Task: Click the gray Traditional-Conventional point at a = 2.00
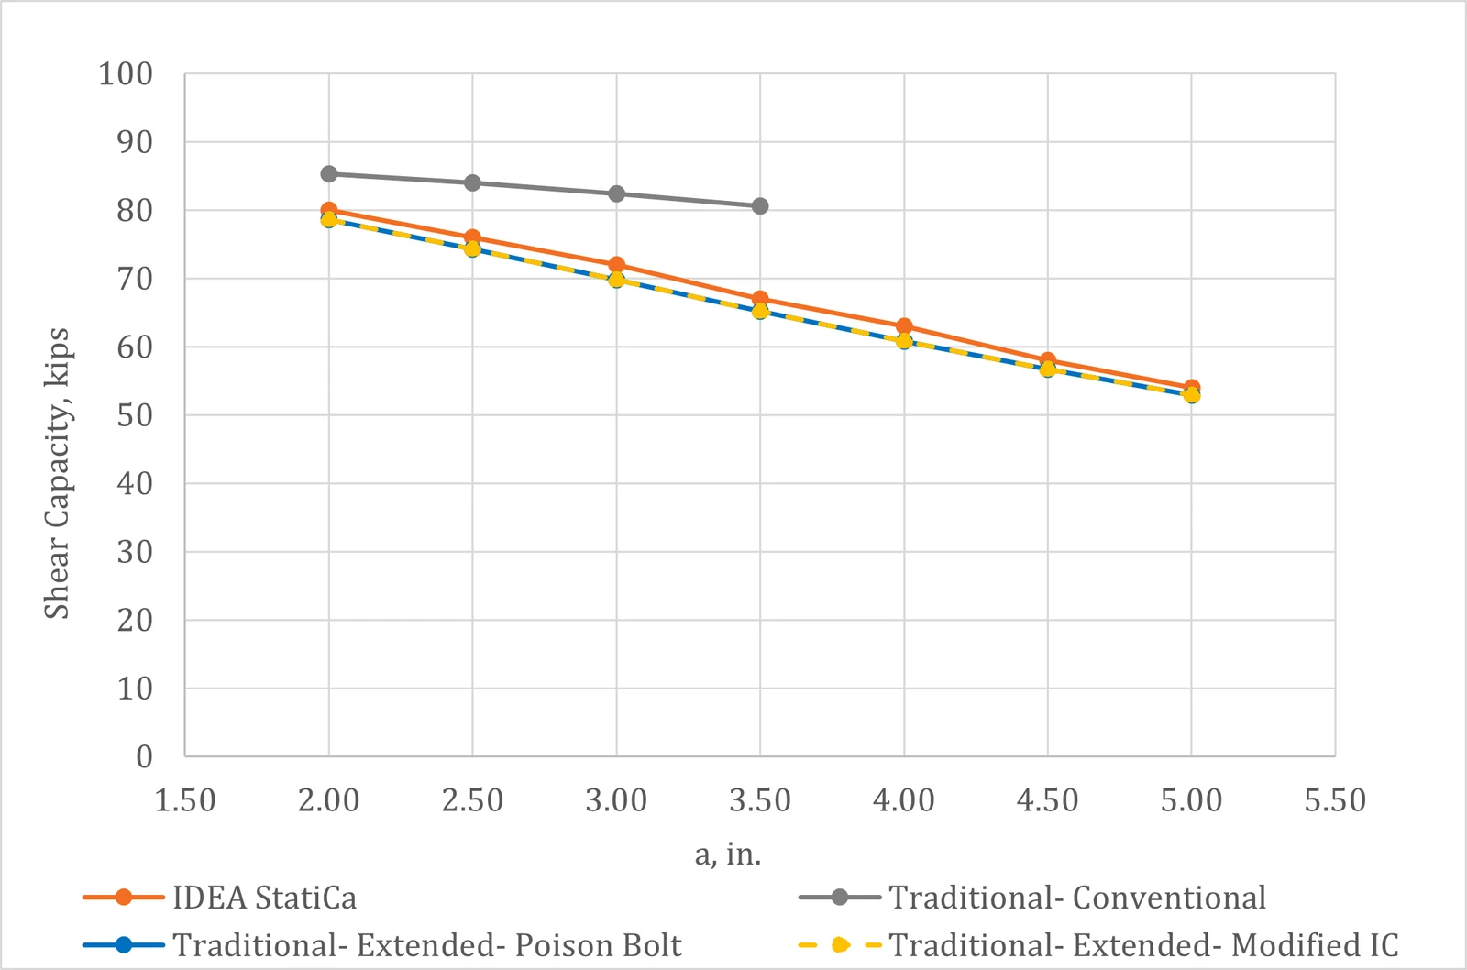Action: pyautogui.click(x=329, y=174)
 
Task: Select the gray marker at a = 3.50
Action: pyautogui.click(x=760, y=206)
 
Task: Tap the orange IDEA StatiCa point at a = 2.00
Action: pyautogui.click(x=329, y=210)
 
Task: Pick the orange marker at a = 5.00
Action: pyautogui.click(x=1192, y=388)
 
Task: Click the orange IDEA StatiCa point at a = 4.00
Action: pyautogui.click(x=904, y=326)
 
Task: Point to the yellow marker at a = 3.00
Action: pyautogui.click(x=616, y=281)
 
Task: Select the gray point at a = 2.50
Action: pyautogui.click(x=472, y=182)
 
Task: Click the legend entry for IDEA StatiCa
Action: pyautogui.click(x=265, y=898)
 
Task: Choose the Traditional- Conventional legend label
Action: pyautogui.click(x=1077, y=898)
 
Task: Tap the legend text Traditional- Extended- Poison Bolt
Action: pyautogui.click(x=427, y=945)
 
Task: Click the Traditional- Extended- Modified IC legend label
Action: pyautogui.click(x=1143, y=945)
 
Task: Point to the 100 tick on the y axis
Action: pyautogui.click(x=126, y=74)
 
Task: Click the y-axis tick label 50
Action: pyautogui.click(x=135, y=415)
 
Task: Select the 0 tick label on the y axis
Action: pyautogui.click(x=144, y=756)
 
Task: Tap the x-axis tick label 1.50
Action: pyautogui.click(x=184, y=800)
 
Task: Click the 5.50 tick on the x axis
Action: pyautogui.click(x=1335, y=800)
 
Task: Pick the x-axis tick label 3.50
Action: pyautogui.click(x=760, y=800)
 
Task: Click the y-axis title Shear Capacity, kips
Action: pyautogui.click(x=58, y=473)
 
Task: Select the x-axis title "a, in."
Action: pyautogui.click(x=728, y=854)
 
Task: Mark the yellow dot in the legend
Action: pyautogui.click(x=840, y=945)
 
